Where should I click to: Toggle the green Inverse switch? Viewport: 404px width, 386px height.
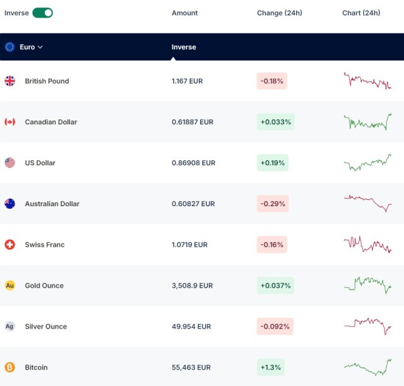(x=42, y=13)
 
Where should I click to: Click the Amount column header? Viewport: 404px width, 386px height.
(x=184, y=13)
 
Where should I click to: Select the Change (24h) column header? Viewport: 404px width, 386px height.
(x=280, y=13)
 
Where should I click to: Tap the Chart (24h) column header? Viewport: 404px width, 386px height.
(x=361, y=13)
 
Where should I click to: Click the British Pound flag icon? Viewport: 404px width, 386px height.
(x=10, y=81)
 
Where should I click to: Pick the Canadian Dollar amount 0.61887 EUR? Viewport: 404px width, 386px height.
(x=193, y=122)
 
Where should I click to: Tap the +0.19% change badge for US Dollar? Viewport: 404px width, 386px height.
(x=272, y=163)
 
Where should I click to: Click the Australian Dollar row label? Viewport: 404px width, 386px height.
(x=52, y=204)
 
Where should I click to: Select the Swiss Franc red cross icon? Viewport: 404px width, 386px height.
(x=10, y=245)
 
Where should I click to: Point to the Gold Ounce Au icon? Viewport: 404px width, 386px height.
(x=10, y=285)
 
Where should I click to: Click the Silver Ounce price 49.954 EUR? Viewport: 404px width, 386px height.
(x=191, y=327)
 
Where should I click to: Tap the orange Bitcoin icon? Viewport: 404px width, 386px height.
(x=10, y=367)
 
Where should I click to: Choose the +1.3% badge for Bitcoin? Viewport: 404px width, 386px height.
(x=271, y=367)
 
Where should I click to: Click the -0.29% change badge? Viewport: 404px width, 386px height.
(x=273, y=204)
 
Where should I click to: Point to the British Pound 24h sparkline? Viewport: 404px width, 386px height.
(x=367, y=81)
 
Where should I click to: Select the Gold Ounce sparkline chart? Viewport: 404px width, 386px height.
(x=367, y=285)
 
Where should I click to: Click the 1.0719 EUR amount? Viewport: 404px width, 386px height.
(x=189, y=245)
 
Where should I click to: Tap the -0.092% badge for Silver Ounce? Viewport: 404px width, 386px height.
(x=275, y=327)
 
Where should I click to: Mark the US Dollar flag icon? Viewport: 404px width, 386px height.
(x=10, y=163)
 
